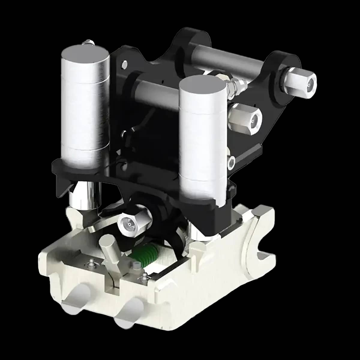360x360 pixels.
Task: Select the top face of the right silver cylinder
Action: coord(202,85)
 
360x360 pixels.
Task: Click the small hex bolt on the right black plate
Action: coord(231,162)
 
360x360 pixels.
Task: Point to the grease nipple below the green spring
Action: coord(143,276)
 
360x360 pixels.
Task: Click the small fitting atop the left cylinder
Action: coord(89,42)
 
